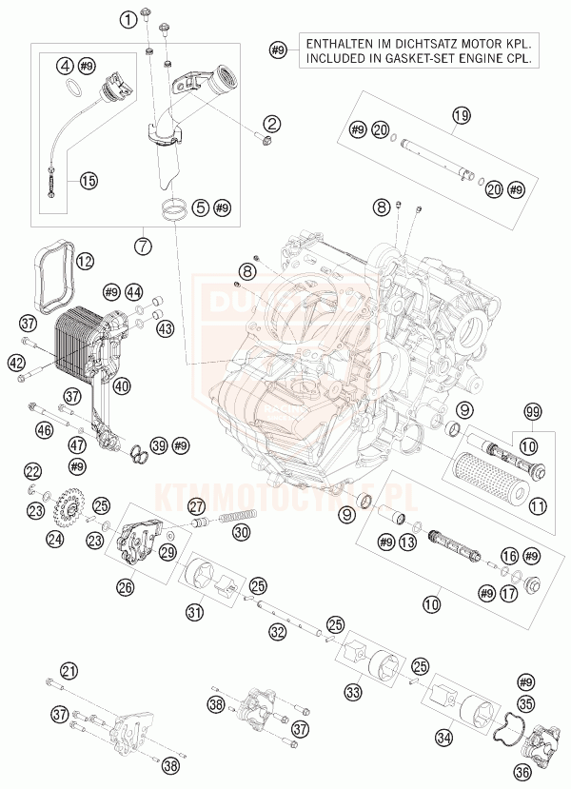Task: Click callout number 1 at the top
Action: pyautogui.click(x=128, y=21)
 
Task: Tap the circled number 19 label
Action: pyautogui.click(x=461, y=117)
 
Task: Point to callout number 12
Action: pyautogui.click(x=85, y=258)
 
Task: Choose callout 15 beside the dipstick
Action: pyautogui.click(x=88, y=179)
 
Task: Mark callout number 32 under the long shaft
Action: pyautogui.click(x=277, y=631)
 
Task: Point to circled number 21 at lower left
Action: pyautogui.click(x=68, y=670)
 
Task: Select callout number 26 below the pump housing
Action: pyautogui.click(x=124, y=587)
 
